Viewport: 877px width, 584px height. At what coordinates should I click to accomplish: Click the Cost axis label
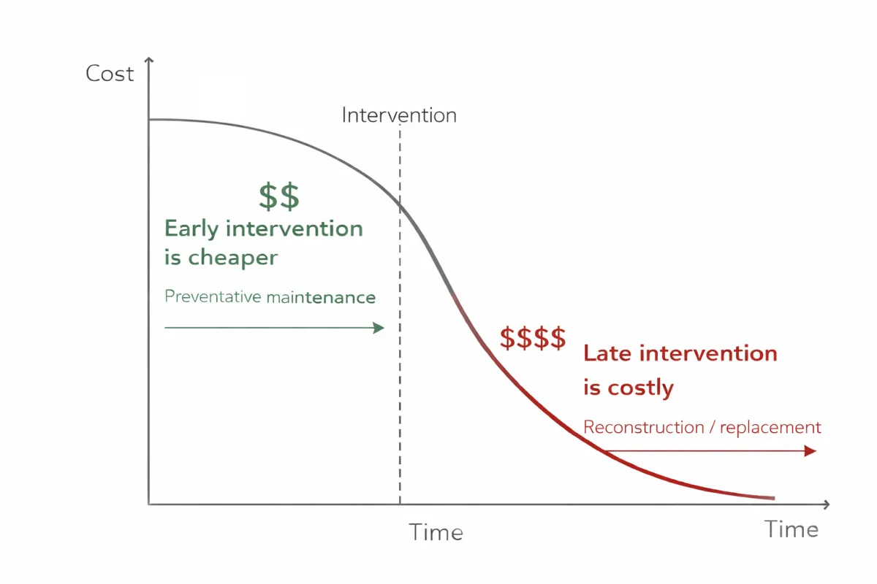coord(110,74)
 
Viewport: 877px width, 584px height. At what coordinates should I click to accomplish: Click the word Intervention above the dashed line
coord(399,115)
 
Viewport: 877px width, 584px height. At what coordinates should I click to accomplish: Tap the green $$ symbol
coord(279,196)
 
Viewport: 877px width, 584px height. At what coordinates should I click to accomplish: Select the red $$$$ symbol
coord(533,338)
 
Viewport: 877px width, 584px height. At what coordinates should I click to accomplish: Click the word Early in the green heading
coord(191,228)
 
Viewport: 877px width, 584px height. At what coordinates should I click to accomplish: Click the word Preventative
coord(212,297)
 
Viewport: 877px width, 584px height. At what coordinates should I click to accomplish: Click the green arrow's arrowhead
coord(379,328)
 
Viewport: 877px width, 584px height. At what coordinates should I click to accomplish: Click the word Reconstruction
coord(643,428)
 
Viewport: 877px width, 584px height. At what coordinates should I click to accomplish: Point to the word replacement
coord(770,428)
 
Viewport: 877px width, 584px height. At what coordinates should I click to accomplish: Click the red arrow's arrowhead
coord(810,451)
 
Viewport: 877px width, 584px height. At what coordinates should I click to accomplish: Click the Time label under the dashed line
coord(436,532)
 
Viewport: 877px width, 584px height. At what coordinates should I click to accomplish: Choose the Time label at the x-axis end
coord(791,529)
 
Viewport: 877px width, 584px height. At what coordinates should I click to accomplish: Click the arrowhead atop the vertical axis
coord(149,61)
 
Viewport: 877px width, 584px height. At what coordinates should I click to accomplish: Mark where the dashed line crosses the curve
coord(400,204)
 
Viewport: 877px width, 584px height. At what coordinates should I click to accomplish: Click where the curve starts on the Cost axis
coord(149,119)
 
